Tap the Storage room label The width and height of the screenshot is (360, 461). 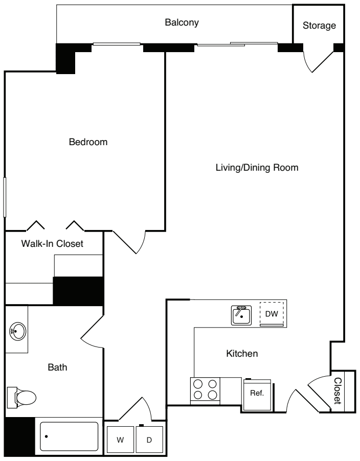pyautogui.click(x=319, y=25)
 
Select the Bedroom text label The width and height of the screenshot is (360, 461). pyautogui.click(x=88, y=142)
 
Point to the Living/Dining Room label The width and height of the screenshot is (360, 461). pyautogui.click(x=256, y=167)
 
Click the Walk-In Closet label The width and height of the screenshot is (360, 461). pyautogui.click(x=52, y=244)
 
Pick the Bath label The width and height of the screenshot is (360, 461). pyautogui.click(x=57, y=366)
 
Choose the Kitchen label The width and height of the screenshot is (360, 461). pyautogui.click(x=241, y=353)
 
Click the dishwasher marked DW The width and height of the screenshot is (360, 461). pyautogui.click(x=272, y=314)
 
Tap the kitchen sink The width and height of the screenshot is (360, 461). pyautogui.click(x=240, y=315)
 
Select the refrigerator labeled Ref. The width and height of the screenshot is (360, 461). pyautogui.click(x=257, y=394)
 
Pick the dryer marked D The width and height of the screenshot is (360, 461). pyautogui.click(x=149, y=439)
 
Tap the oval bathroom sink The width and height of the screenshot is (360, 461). pyautogui.click(x=17, y=331)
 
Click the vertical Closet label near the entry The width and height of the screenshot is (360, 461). pyautogui.click(x=337, y=391)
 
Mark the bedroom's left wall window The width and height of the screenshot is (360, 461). pyautogui.click(x=6, y=197)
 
